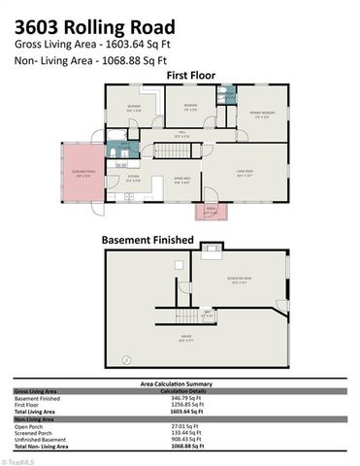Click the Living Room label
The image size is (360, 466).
pos(245,175)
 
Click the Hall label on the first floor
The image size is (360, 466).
pos(181,135)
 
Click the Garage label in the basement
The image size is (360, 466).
pos(184,339)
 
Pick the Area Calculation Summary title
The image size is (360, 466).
pos(180,384)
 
